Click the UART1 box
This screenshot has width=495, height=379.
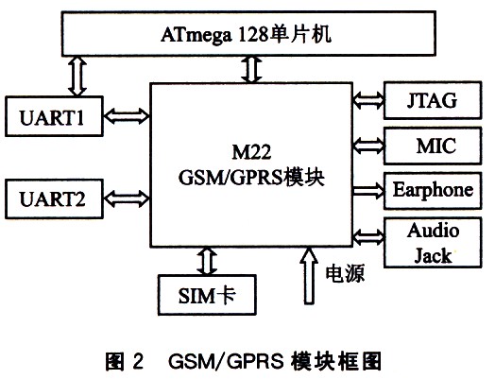click(54, 116)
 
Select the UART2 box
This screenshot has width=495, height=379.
click(54, 199)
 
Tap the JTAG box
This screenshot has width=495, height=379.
click(433, 100)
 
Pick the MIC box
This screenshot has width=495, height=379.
click(433, 146)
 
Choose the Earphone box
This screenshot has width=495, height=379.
click(433, 191)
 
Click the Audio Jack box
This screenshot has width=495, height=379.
click(433, 243)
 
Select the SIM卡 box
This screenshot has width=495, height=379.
click(207, 295)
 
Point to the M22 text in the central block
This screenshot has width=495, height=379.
click(251, 152)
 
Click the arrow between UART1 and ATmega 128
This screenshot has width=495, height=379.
click(77, 77)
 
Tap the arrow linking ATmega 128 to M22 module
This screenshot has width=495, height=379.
click(251, 70)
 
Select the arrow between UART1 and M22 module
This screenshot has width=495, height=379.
click(127, 116)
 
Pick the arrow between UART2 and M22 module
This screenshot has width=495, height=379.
click(127, 198)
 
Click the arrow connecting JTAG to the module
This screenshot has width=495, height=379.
click(368, 100)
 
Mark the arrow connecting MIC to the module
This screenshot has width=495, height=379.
click(368, 146)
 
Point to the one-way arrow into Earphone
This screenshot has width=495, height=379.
click(368, 191)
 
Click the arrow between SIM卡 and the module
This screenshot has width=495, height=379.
click(207, 261)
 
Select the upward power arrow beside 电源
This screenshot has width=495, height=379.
click(309, 275)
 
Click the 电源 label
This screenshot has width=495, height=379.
click(345, 273)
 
